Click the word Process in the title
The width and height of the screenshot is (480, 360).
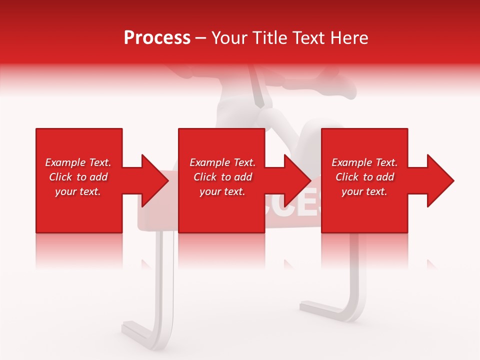coord(157,38)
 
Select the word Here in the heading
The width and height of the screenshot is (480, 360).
coord(349,38)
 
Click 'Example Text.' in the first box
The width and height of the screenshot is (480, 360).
coord(78,162)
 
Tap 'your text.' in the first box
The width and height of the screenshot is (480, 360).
coord(78,191)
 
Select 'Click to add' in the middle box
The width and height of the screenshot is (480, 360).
coord(222,177)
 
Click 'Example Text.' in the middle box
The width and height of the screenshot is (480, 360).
coord(222,162)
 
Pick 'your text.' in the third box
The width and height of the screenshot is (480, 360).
coord(364,191)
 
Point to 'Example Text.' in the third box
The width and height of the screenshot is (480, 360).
coord(364,162)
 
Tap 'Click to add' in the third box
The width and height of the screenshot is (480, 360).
coord(364,177)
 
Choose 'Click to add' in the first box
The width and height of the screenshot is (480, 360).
coord(78,177)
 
